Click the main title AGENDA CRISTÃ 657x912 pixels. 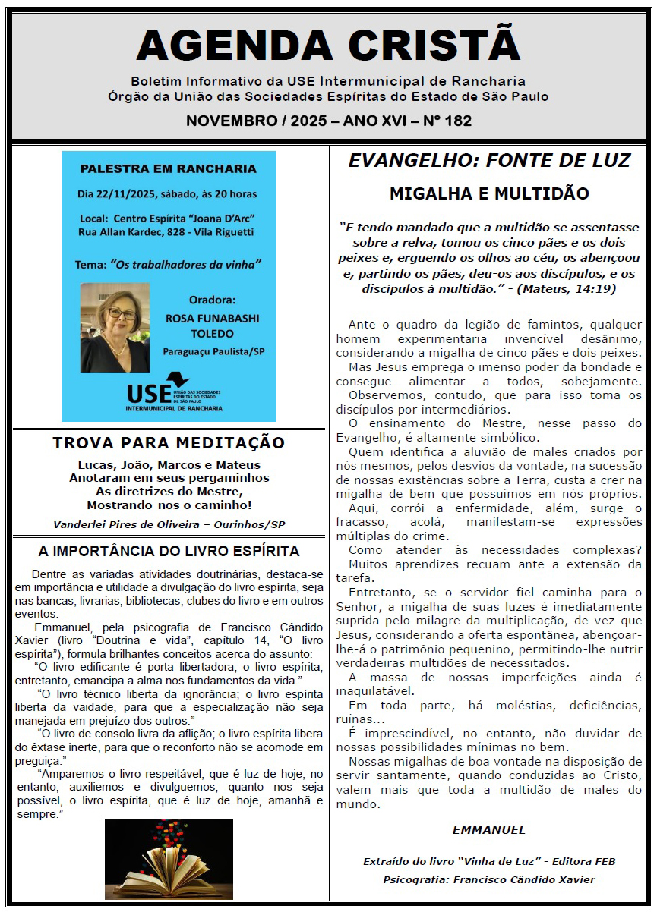(x=328, y=46)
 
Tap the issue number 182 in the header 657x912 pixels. (x=458, y=121)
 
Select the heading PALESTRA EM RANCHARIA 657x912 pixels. (x=169, y=168)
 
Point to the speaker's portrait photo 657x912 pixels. (x=115, y=328)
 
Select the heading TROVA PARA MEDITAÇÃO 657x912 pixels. (x=169, y=443)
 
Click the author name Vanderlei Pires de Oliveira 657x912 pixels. (x=122, y=524)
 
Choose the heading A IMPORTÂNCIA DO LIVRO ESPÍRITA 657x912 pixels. (x=169, y=552)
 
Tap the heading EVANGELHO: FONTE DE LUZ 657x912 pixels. (x=489, y=161)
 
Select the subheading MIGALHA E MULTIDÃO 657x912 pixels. (x=489, y=193)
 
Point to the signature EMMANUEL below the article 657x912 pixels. (x=489, y=829)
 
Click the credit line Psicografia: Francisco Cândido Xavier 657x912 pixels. (x=489, y=879)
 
